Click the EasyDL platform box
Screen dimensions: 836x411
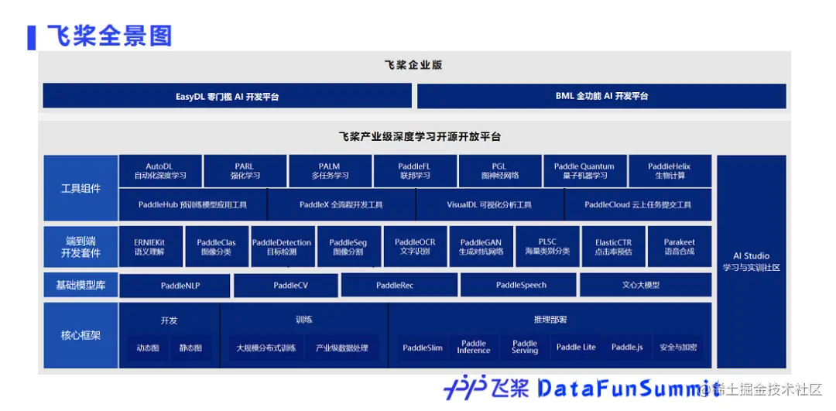tap(227, 96)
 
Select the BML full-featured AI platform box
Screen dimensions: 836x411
tap(601, 96)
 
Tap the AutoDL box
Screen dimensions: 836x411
tap(160, 171)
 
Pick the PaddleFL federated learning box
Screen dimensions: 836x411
tap(414, 171)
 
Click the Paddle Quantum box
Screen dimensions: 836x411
tap(584, 171)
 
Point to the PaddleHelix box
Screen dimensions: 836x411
tap(670, 171)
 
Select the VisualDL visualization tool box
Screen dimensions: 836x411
tap(489, 205)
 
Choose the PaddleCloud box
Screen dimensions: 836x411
tap(638, 205)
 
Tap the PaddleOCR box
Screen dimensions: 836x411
tap(416, 247)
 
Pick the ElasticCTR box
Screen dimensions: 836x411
tap(613, 247)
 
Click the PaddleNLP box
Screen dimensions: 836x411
tap(175, 286)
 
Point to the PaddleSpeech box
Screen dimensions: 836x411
tap(521, 286)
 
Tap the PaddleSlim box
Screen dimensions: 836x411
tap(423, 348)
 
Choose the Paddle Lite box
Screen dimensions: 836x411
tap(576, 348)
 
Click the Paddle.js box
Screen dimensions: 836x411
tap(627, 348)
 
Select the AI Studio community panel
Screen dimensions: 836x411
tap(751, 262)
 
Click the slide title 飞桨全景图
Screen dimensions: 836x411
tap(109, 36)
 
